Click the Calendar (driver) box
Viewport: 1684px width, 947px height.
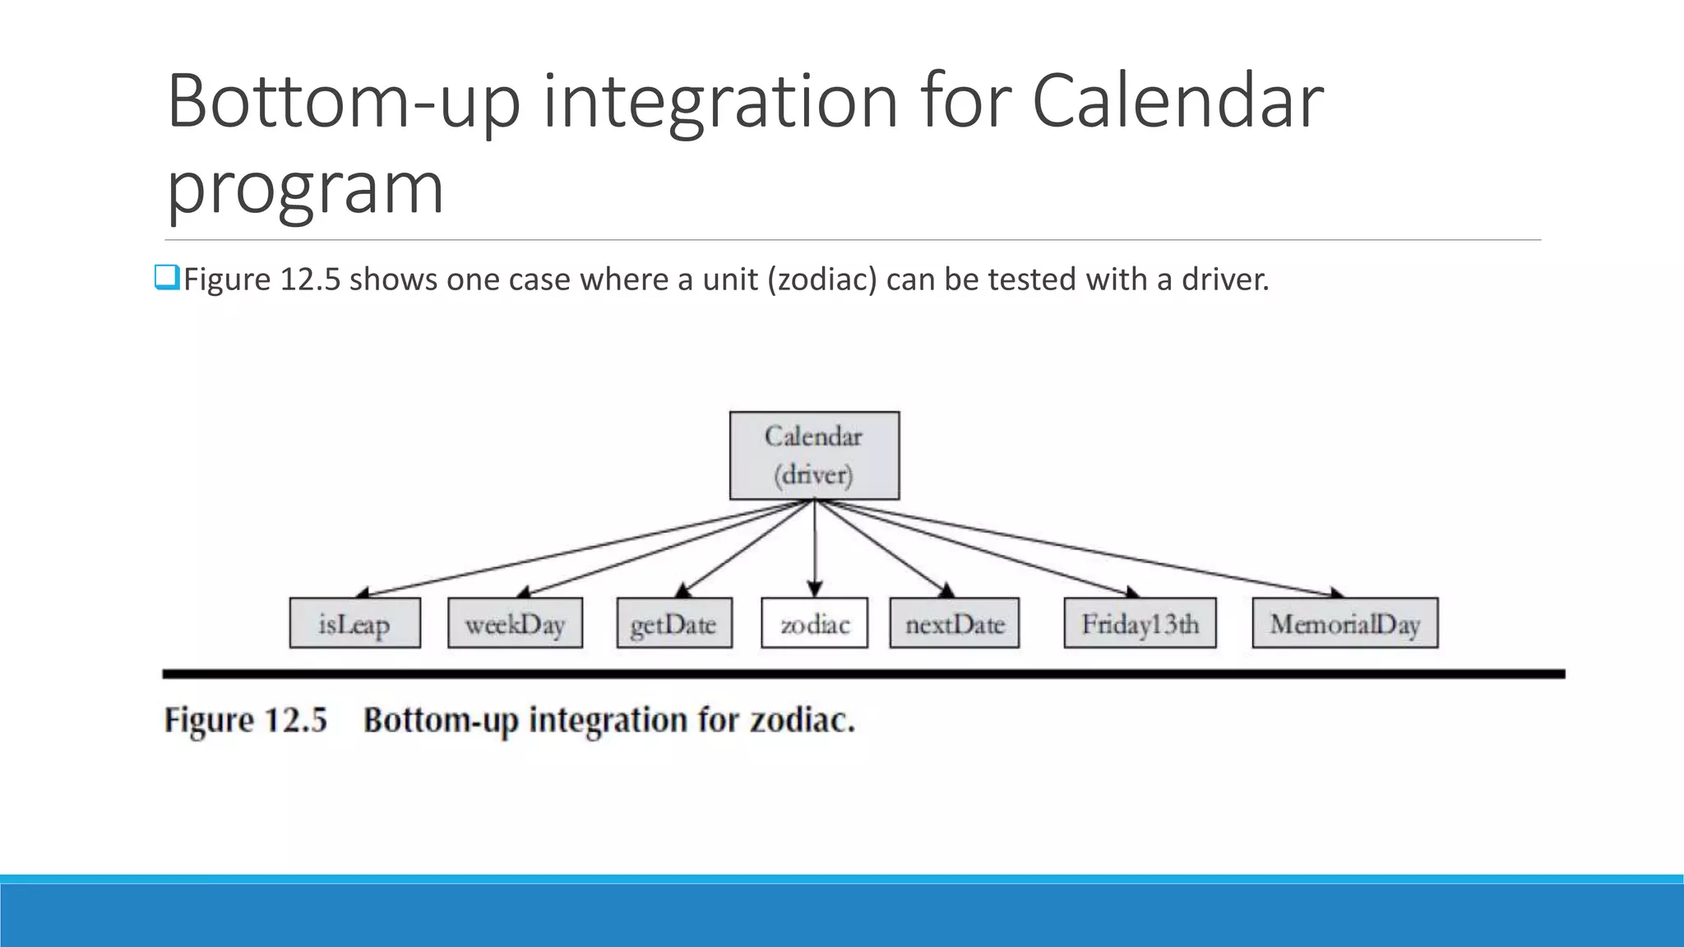point(814,455)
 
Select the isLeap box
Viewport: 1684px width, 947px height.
point(354,623)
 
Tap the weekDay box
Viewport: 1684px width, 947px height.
point(515,623)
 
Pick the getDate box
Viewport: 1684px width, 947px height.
point(673,623)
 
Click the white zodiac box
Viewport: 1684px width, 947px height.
point(814,623)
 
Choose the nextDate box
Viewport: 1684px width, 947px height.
point(954,623)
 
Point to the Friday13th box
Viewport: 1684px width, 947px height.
point(1140,623)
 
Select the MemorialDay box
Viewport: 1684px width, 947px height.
point(1344,623)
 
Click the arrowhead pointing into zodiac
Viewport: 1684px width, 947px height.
point(814,589)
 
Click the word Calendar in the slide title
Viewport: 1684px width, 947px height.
point(1177,102)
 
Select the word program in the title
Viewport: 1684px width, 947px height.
point(305,189)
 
